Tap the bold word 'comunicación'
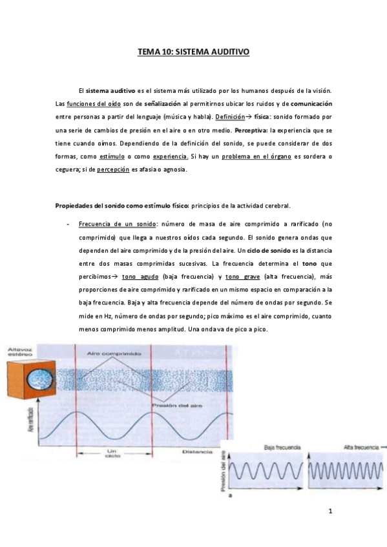click(311, 104)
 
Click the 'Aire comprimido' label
click(125, 354)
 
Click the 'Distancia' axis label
click(196, 453)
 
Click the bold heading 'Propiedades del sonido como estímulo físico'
click(120, 206)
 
